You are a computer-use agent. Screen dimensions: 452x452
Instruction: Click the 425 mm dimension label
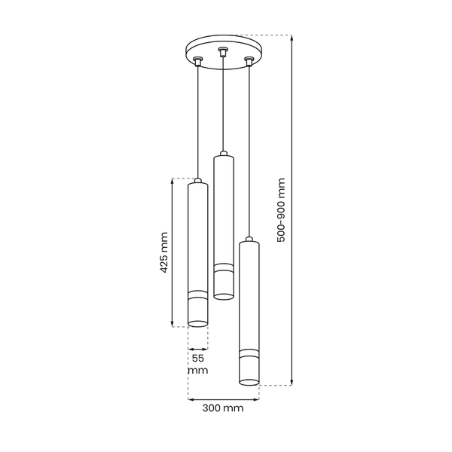(164, 254)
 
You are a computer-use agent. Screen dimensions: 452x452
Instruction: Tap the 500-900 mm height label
(281, 209)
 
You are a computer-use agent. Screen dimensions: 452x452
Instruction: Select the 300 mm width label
(223, 408)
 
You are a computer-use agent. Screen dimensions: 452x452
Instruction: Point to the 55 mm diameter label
(198, 365)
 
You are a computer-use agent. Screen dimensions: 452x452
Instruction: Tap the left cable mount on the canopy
(197, 61)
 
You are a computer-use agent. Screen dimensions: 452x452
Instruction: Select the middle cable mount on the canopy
(222, 52)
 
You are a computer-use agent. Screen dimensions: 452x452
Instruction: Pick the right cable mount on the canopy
(248, 61)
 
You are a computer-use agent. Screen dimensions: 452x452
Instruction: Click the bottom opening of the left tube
(197, 324)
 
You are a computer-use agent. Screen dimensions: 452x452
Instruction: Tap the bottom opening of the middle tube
(223, 295)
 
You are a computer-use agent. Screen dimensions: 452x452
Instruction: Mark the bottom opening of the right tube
(249, 383)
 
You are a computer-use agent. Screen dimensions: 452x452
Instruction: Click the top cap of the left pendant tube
(197, 182)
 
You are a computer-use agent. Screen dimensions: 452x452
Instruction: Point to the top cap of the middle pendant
(223, 155)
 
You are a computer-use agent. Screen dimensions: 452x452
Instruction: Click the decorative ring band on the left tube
(197, 292)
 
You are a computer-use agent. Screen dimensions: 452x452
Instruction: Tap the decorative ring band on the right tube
(249, 352)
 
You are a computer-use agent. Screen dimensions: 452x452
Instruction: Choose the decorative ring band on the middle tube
(223, 265)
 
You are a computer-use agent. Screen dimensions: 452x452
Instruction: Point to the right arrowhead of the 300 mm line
(257, 399)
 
